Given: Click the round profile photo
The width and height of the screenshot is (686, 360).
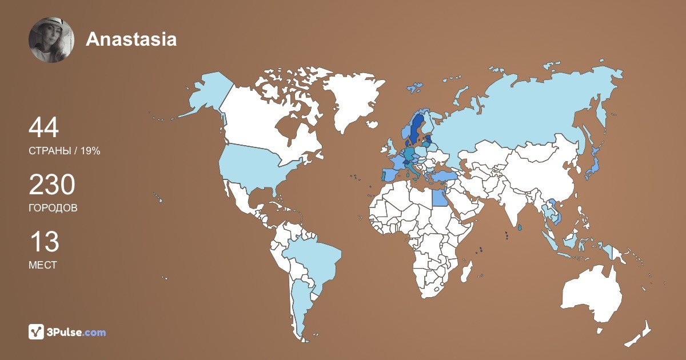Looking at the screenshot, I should tap(51, 39).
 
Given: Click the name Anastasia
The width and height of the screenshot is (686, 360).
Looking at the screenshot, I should tap(131, 39).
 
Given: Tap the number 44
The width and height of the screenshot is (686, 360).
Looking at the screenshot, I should tap(43, 128).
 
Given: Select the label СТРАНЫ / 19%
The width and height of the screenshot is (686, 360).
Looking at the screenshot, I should tap(64, 151).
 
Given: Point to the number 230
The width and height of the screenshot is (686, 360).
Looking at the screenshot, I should tap(51, 185).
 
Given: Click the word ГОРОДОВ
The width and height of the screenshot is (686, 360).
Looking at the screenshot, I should tap(53, 208).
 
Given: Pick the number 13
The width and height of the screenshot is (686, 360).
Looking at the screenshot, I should tap(43, 242).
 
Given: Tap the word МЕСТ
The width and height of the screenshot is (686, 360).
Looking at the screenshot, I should tap(42, 265).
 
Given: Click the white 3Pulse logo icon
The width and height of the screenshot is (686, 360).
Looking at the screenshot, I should tap(37, 331).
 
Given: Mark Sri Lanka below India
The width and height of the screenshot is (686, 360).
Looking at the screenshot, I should tap(520, 227).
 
